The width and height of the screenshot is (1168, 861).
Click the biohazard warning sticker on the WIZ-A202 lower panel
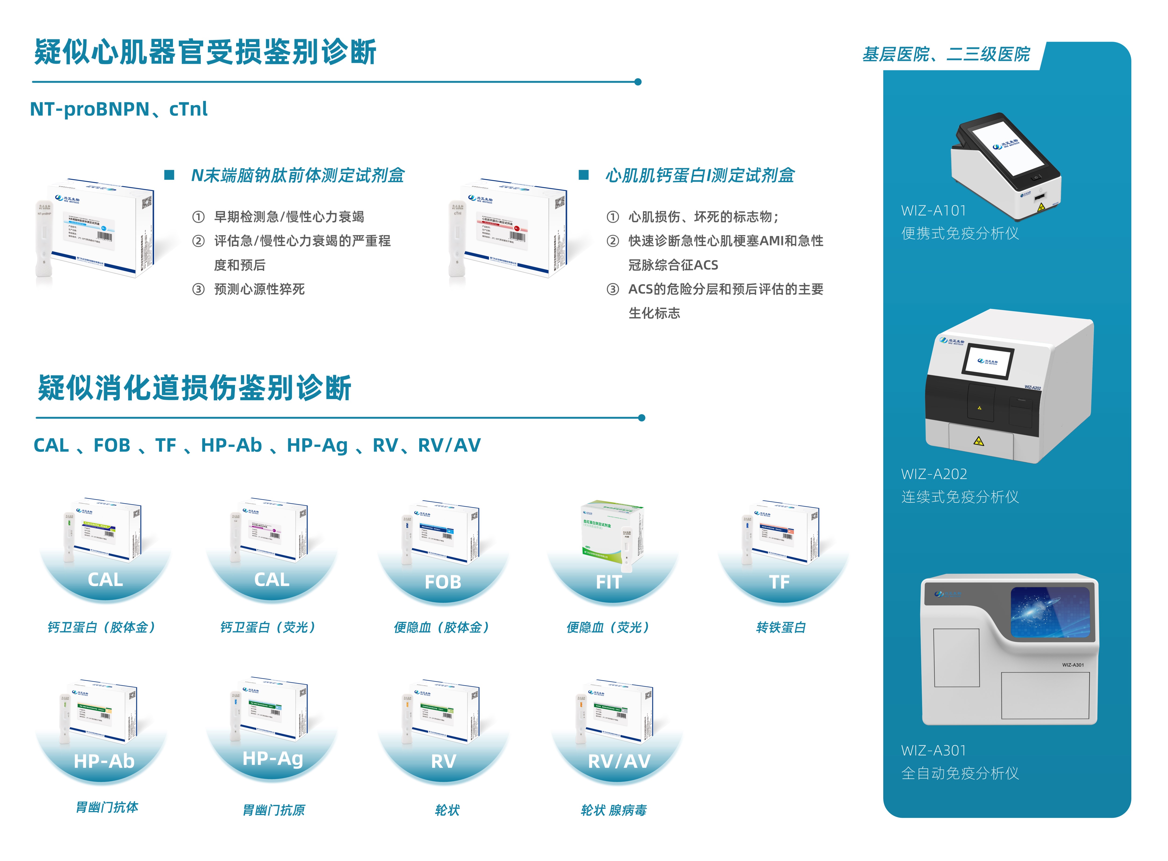978,441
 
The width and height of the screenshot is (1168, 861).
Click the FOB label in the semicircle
442,582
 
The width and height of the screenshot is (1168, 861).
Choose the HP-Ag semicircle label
273,758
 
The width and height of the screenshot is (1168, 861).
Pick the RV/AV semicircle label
619,761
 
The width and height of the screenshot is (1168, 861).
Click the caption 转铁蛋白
780,627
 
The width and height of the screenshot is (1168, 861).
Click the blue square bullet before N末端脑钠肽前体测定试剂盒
169,175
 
